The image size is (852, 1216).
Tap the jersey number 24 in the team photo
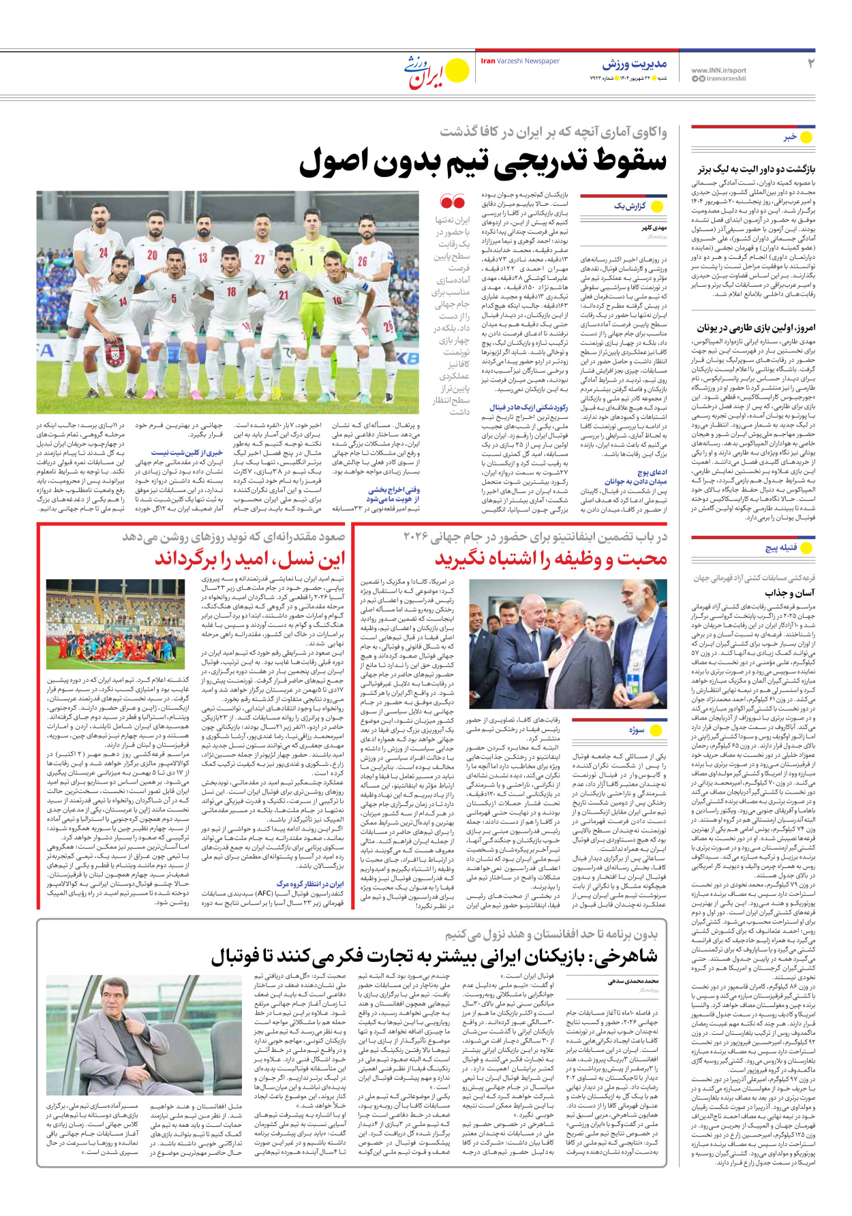[104, 253]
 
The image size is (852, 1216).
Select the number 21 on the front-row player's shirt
[283, 295]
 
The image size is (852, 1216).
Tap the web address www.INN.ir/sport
[718, 70]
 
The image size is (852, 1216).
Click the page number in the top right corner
[810, 64]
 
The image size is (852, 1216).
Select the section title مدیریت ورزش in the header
[634, 64]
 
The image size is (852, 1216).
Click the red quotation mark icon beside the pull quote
[453, 202]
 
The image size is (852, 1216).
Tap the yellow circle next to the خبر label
[806, 137]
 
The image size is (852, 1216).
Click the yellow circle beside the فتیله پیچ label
[807, 547]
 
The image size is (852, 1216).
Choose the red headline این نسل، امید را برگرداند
[249, 559]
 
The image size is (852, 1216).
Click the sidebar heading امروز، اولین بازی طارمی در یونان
[756, 328]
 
